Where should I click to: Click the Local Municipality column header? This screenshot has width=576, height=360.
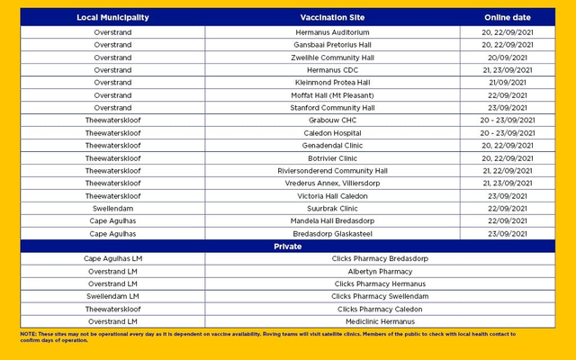112,17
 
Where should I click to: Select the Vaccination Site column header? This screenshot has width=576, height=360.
332,17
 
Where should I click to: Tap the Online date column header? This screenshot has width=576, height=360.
508,17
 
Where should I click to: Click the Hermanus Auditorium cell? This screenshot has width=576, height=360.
332,32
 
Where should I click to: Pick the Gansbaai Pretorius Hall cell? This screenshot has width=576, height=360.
332,45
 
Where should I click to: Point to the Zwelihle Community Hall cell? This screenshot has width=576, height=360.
332,58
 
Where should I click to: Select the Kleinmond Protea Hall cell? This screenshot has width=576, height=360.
332,83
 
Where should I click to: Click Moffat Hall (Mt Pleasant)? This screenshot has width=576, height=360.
332,95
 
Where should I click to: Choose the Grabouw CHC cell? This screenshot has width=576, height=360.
332,121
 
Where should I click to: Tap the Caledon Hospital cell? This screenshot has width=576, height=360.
332,133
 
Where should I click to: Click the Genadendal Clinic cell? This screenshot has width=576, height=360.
332,146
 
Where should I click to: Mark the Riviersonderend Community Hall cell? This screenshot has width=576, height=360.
332,171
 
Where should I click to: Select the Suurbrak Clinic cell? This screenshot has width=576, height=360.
332,209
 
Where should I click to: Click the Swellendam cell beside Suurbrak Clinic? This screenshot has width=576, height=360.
112,209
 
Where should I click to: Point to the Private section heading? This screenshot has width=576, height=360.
288,246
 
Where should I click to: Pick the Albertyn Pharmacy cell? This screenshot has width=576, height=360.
380,272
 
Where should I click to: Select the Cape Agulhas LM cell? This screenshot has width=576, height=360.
112,259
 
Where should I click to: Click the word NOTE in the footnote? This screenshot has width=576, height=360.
28,334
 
